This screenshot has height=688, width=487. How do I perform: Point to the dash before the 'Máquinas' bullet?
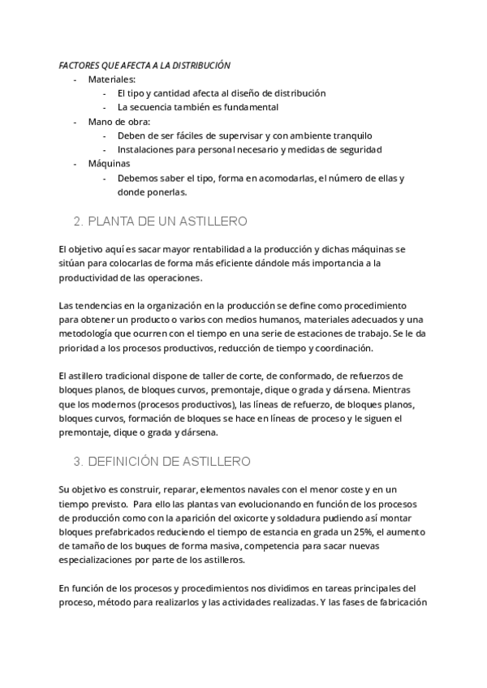tap(75, 164)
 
